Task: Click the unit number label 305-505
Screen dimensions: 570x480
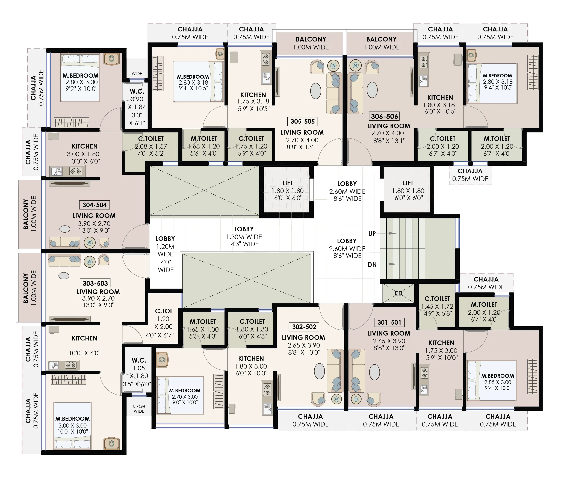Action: (302, 121)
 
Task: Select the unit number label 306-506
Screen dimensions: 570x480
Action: (384, 116)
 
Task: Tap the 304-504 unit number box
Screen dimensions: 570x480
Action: (94, 205)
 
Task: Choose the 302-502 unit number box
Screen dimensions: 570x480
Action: (304, 327)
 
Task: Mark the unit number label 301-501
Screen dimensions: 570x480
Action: (389, 322)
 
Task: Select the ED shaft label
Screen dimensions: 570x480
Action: (398, 293)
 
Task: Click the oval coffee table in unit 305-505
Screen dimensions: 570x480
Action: (316, 91)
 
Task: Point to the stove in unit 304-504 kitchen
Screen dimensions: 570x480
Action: (76, 171)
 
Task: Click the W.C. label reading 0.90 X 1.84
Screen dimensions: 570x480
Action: (137, 107)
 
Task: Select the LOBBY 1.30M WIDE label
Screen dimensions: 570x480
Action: (244, 236)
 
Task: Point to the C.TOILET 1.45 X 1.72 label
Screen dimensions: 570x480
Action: (437, 306)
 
